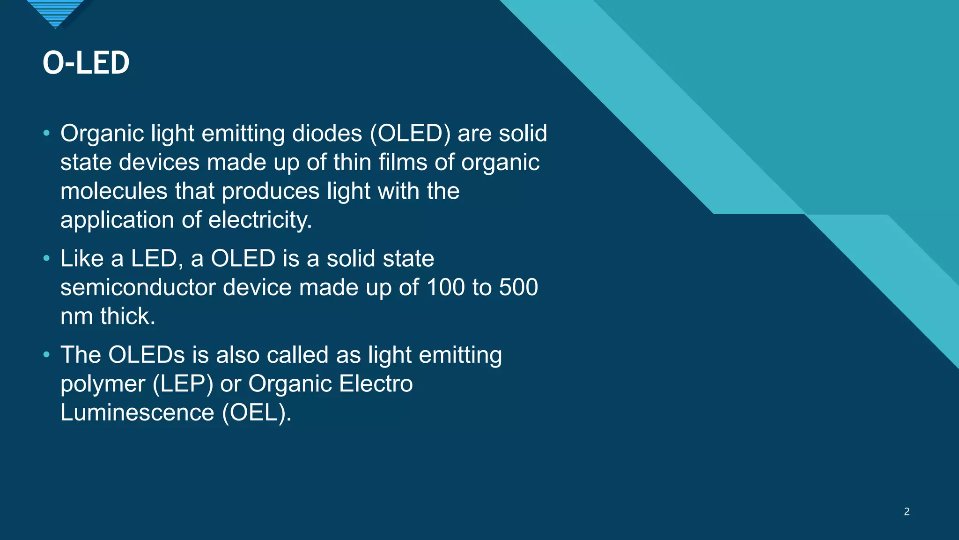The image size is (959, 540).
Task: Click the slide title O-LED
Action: (x=86, y=63)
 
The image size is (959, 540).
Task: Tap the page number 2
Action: (x=907, y=511)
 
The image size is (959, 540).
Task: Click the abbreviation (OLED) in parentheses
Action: (x=410, y=134)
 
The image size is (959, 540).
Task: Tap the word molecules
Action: (x=114, y=191)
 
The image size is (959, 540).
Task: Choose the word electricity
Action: (x=260, y=220)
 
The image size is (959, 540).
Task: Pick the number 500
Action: (x=518, y=287)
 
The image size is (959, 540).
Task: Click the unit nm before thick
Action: (x=76, y=316)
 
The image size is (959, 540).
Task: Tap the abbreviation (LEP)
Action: (x=183, y=384)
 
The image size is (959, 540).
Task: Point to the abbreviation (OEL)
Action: (x=257, y=413)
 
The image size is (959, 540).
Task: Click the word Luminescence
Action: (x=137, y=413)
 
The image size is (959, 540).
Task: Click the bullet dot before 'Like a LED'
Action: (x=46, y=258)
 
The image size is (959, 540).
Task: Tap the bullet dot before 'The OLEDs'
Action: (x=46, y=355)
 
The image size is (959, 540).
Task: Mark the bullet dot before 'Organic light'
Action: (x=46, y=134)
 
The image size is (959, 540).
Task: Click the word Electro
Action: (x=376, y=384)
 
